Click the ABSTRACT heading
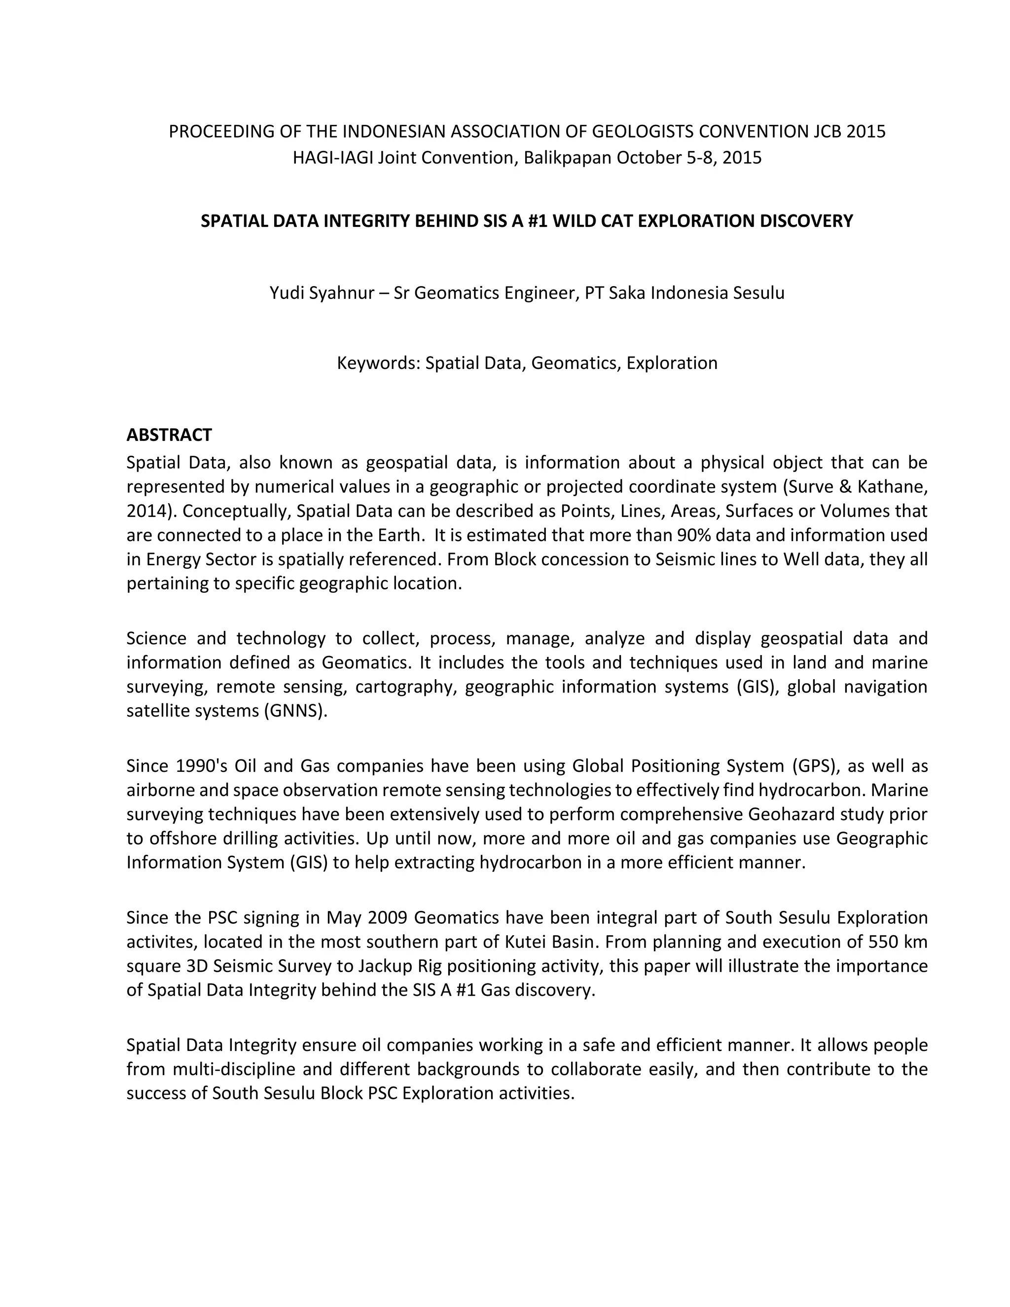coord(169,435)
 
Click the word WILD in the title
coord(574,221)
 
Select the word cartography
coord(405,687)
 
